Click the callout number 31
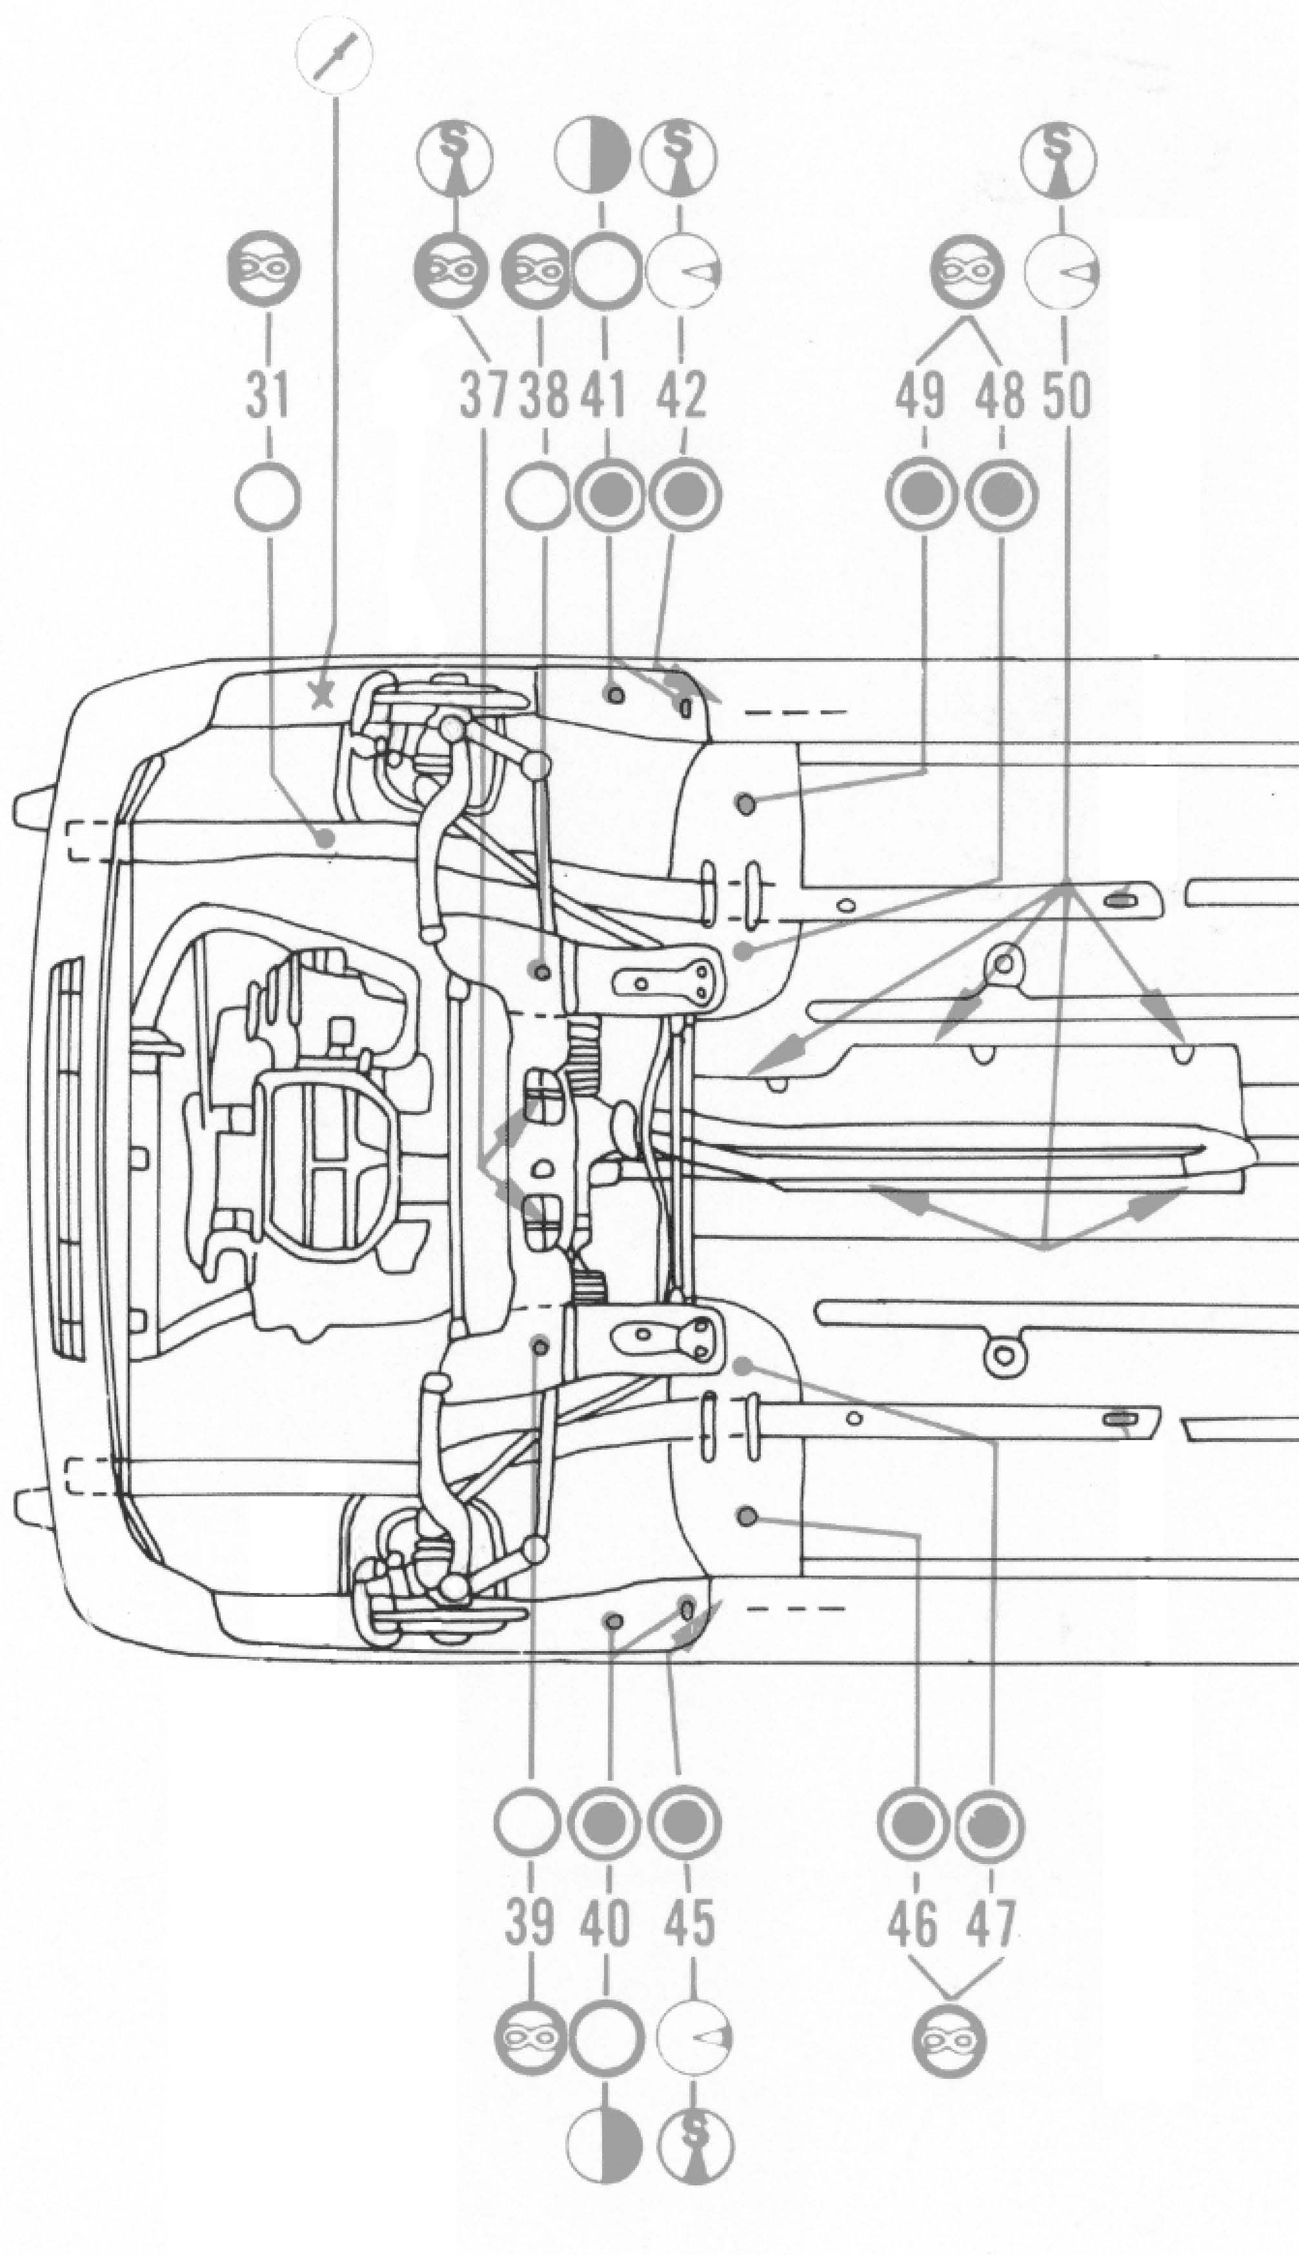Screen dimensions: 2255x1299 (x=268, y=395)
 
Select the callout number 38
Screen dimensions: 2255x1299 (x=543, y=395)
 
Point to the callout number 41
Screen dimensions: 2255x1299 (x=605, y=395)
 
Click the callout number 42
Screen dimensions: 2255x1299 (x=683, y=395)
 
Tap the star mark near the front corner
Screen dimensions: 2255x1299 (x=319, y=695)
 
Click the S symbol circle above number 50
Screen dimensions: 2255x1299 (x=1060, y=159)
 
